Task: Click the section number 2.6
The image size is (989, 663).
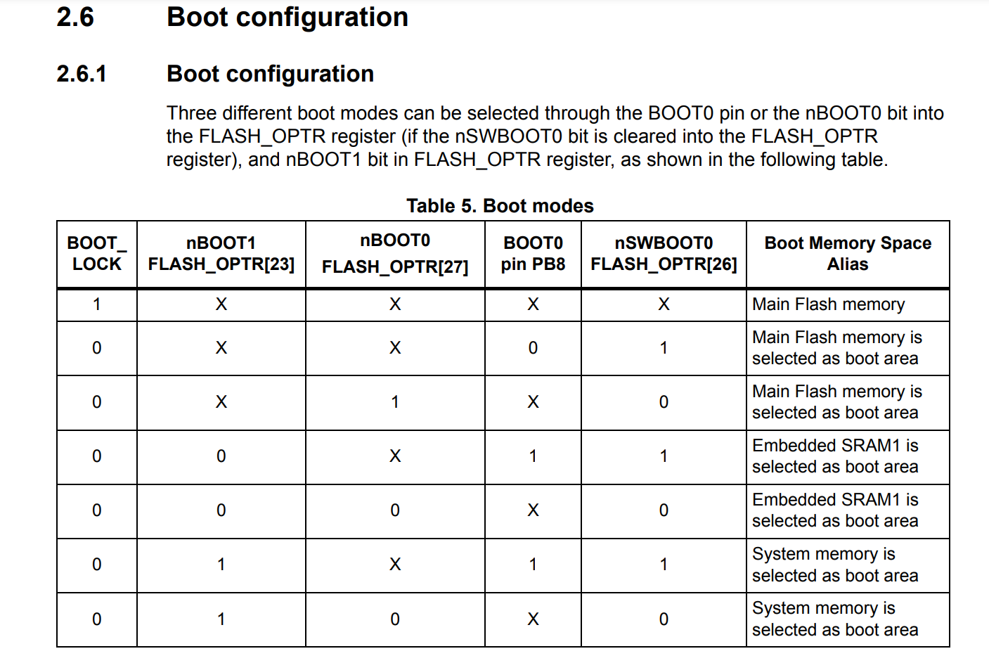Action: point(75,18)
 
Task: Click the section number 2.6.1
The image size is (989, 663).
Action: point(82,74)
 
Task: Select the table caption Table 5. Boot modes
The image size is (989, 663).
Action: point(500,206)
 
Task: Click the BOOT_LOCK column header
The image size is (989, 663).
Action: point(97,254)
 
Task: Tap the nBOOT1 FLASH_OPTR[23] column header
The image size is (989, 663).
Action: point(221,254)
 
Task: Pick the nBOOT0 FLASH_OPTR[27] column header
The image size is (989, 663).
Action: point(395,254)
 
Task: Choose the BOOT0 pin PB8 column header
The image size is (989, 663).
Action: point(533,254)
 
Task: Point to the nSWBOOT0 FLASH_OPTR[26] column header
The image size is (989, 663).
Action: point(664,254)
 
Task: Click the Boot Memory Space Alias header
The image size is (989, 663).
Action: point(848,254)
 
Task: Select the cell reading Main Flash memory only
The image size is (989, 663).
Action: point(828,304)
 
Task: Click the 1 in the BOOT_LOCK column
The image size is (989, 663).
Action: point(97,304)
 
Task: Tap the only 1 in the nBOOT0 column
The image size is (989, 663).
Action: point(395,402)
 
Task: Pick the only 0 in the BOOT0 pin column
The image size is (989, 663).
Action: point(533,348)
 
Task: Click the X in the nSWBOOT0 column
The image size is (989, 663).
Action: point(664,304)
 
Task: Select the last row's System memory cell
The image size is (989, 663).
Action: point(835,619)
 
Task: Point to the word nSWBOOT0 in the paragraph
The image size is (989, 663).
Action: point(508,136)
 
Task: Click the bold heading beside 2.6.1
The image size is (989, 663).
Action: point(270,74)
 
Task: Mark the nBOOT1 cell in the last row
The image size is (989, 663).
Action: point(221,619)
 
